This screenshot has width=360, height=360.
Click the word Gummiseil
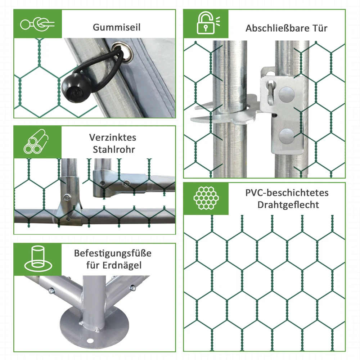(x=117, y=27)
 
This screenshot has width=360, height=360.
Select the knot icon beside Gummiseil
(x=37, y=24)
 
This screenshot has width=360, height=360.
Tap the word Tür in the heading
(x=320, y=28)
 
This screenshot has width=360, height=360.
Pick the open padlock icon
(x=208, y=23)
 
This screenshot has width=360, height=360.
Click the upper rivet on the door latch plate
(x=287, y=94)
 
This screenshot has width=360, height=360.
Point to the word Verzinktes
(x=112, y=138)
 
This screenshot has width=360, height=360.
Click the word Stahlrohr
(x=114, y=149)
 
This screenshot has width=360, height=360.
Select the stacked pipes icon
(x=36, y=141)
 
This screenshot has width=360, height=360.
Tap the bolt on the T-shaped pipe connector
(x=67, y=198)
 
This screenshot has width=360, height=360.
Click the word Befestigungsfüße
(x=112, y=253)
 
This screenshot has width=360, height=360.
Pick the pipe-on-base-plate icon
(x=38, y=259)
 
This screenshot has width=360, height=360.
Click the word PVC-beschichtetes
(x=287, y=193)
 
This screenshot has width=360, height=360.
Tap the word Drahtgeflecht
(x=288, y=205)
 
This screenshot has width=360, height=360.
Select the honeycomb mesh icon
(x=206, y=198)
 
